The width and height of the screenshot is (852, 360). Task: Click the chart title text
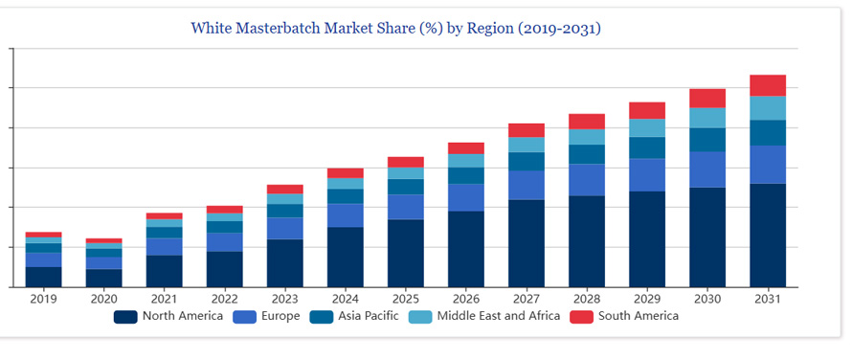pos(395,28)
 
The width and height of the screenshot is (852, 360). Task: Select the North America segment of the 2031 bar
pos(768,235)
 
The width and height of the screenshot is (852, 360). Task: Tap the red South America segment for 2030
pos(707,98)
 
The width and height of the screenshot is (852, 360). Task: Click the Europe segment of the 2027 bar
pos(527,185)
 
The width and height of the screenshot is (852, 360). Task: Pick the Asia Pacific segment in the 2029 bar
pos(647,147)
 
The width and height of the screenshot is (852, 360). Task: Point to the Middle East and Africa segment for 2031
pos(768,108)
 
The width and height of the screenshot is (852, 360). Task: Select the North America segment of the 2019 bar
pos(43,276)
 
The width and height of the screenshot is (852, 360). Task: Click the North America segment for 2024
pos(346,257)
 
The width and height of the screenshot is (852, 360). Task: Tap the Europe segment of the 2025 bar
pos(406,207)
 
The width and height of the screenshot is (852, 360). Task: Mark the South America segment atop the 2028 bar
pos(587,122)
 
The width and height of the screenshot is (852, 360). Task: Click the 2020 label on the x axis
pos(103,299)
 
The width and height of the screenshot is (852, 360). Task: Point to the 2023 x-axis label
pos(284,299)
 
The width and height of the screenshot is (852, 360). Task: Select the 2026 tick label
pos(466,299)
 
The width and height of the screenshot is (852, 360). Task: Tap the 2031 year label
pos(768,299)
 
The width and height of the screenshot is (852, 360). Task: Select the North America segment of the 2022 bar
pos(224,269)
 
